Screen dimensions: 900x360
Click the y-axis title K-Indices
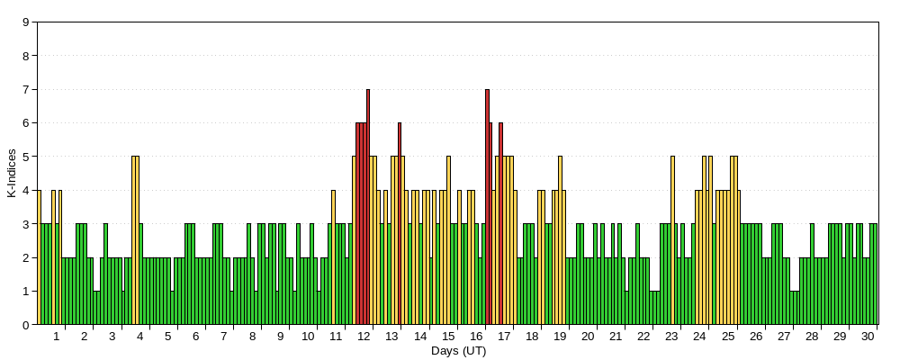(12, 174)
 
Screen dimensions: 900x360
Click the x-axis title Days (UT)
(459, 351)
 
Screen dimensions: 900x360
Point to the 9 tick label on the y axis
(26, 22)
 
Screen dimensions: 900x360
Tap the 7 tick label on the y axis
(26, 90)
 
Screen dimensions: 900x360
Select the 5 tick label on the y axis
(26, 157)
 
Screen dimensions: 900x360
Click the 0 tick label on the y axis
(26, 325)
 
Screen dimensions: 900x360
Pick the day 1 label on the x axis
(56, 337)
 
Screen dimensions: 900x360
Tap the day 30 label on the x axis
(868, 337)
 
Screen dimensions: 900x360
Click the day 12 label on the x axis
(364, 337)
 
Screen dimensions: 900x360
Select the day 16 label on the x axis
(476, 337)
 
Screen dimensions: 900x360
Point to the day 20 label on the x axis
(589, 337)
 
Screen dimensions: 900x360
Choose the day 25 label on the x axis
(728, 337)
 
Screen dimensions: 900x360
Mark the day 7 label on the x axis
(224, 337)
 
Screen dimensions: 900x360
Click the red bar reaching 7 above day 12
(368, 207)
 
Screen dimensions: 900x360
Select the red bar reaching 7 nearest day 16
(487, 207)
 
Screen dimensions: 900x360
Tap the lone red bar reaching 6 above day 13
(400, 224)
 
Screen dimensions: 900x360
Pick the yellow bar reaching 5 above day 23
(672, 240)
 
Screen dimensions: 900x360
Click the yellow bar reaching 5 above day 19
(560, 240)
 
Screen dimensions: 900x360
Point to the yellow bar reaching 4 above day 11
(333, 257)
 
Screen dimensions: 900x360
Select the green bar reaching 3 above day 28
(812, 274)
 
